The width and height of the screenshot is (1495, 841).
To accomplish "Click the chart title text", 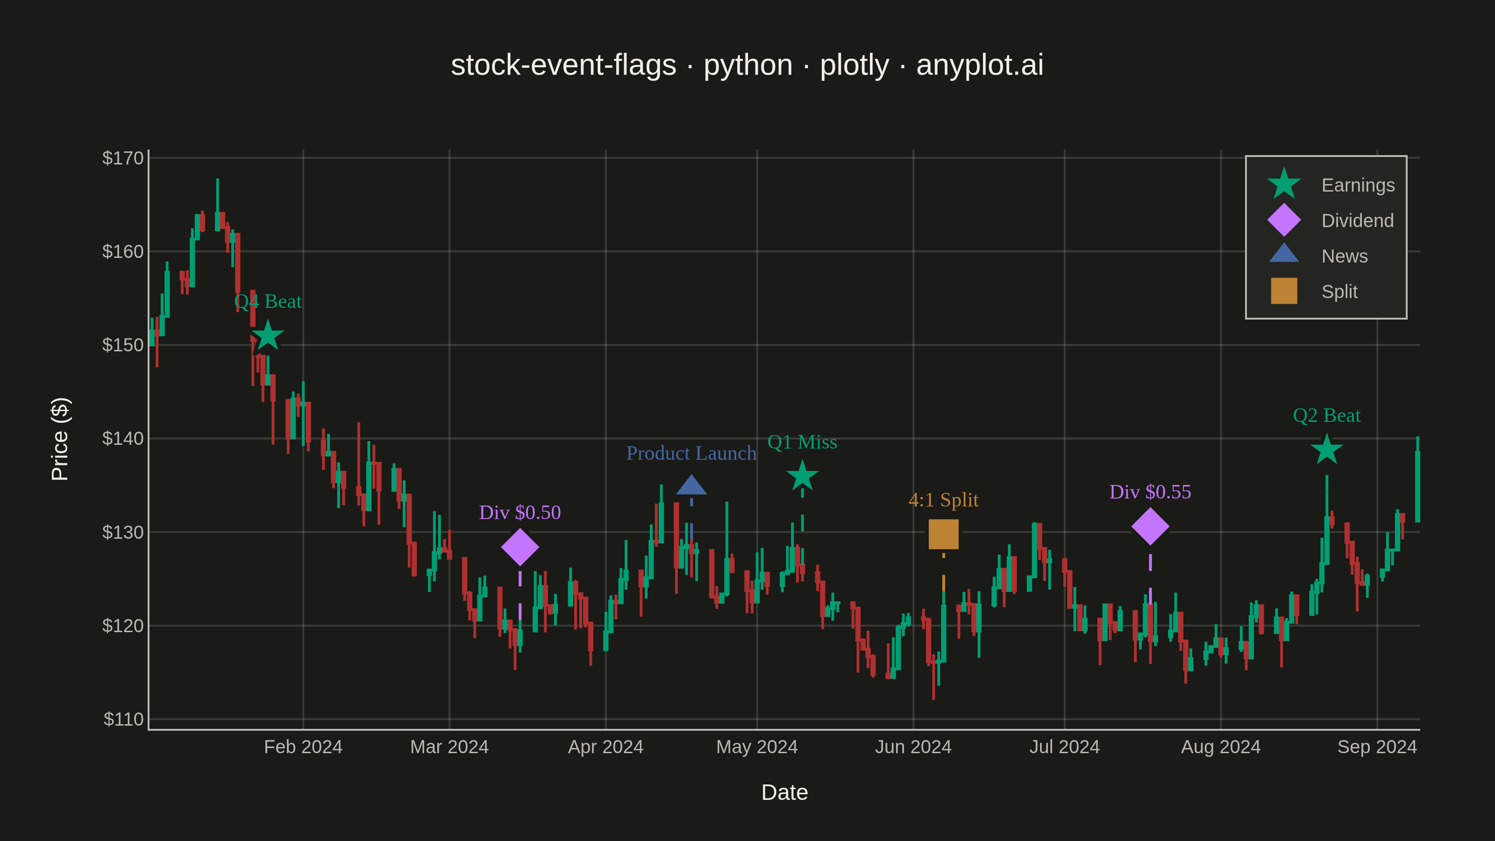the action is [747, 65].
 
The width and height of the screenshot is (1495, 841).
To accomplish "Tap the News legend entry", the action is [1317, 256].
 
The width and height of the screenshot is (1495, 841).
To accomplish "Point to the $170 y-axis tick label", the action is [122, 158].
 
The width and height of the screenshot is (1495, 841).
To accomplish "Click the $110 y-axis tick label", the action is [123, 719].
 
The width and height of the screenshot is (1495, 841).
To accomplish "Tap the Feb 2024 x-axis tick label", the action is [303, 747].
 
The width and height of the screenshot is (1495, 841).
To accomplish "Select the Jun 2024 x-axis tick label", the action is [913, 747].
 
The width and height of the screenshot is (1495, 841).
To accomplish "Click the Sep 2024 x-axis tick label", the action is [1377, 747].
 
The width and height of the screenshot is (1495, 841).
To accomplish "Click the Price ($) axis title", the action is [60, 439].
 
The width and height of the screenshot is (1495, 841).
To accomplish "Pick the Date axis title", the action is [785, 792].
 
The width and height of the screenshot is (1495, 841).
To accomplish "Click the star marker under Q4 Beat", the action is [268, 335].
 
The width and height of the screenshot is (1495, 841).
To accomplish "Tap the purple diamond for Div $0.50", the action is [520, 547].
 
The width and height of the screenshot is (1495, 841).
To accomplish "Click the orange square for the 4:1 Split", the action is [944, 534].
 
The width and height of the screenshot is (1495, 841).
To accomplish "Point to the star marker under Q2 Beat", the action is [1327, 450].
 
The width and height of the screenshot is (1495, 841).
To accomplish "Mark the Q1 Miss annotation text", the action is [802, 442].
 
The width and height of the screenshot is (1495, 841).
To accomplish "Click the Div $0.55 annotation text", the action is [1150, 492].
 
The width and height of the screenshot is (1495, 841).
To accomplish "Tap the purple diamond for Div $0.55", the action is [1150, 527].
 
